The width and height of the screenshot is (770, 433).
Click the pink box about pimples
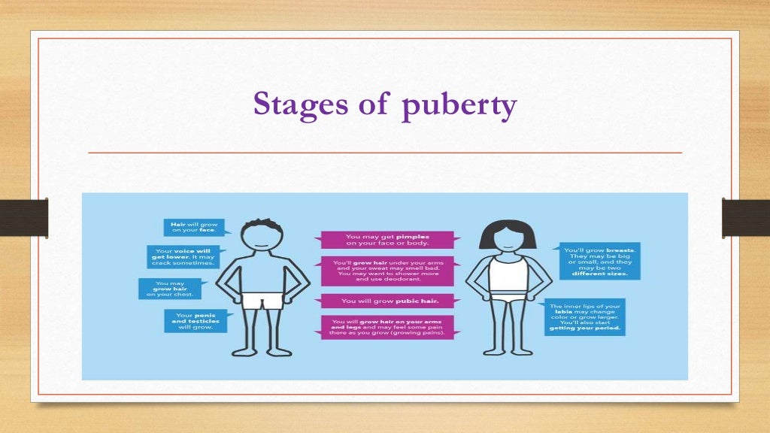pyautogui.click(x=387, y=240)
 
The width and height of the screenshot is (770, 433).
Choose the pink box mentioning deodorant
pyautogui.click(x=387, y=271)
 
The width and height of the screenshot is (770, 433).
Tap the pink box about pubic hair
pyautogui.click(x=387, y=301)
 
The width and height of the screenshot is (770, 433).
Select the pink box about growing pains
pyautogui.click(x=387, y=328)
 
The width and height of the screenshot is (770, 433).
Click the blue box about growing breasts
pyautogui.click(x=599, y=261)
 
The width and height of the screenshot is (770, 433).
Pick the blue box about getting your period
pyautogui.click(x=584, y=317)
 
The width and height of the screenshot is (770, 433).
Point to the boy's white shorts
pyautogui.click(x=260, y=298)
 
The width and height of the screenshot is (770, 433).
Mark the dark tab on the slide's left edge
pyautogui.click(x=23, y=217)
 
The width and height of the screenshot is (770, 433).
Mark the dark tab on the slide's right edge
pyautogui.click(x=745, y=217)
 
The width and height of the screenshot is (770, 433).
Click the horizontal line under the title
pyautogui.click(x=385, y=153)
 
